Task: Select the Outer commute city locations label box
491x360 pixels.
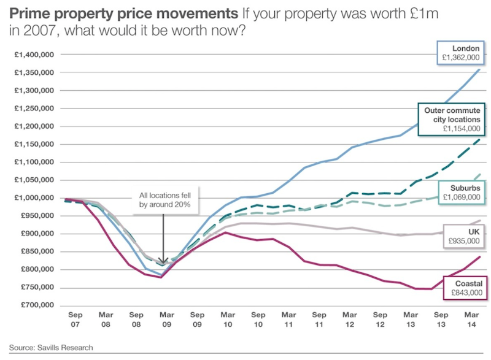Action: pos(452,120)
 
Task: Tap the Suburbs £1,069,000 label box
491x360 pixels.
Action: pos(461,192)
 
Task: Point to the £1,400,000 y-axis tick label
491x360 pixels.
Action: pos(35,55)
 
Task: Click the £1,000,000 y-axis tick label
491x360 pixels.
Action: pos(35,198)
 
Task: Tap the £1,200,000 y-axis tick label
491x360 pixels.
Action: pos(35,126)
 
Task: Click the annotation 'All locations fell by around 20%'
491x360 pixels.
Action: pos(163,200)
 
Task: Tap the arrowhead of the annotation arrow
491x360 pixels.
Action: pos(163,262)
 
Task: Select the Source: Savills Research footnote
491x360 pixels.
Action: pos(51,348)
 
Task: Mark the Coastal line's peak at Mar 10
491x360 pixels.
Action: pos(226,232)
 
